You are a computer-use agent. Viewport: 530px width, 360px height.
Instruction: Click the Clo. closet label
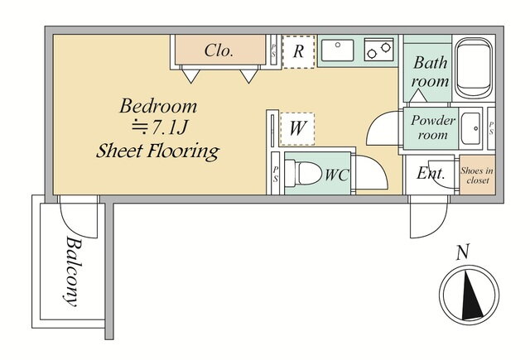[x=219, y=50]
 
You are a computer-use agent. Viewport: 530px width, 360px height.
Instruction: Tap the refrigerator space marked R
[x=299, y=51]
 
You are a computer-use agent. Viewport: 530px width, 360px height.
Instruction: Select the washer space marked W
[x=297, y=129]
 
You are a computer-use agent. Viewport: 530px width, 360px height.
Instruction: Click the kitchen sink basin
[x=337, y=50]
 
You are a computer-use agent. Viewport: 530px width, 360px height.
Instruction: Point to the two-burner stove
[x=379, y=50]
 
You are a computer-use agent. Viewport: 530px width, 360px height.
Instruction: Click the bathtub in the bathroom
[x=473, y=69]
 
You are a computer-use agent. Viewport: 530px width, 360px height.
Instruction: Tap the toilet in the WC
[x=303, y=173]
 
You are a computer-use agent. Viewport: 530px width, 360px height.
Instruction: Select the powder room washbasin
[x=471, y=128]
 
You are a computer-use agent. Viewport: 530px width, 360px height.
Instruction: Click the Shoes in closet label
[x=477, y=175]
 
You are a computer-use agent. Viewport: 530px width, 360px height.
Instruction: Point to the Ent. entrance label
[x=431, y=173]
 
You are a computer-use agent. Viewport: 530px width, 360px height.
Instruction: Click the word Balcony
[x=74, y=271]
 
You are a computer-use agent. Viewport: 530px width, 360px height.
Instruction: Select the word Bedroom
[x=158, y=106]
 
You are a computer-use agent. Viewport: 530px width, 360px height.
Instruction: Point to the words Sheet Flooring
[x=158, y=151]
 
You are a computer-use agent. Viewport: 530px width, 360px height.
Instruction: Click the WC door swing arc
[x=371, y=172]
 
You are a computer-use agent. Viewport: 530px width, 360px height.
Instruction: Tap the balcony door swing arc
[x=79, y=217]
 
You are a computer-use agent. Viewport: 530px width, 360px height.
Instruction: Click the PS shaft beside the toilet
[x=276, y=173]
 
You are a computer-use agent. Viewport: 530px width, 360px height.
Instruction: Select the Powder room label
[x=432, y=128]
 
